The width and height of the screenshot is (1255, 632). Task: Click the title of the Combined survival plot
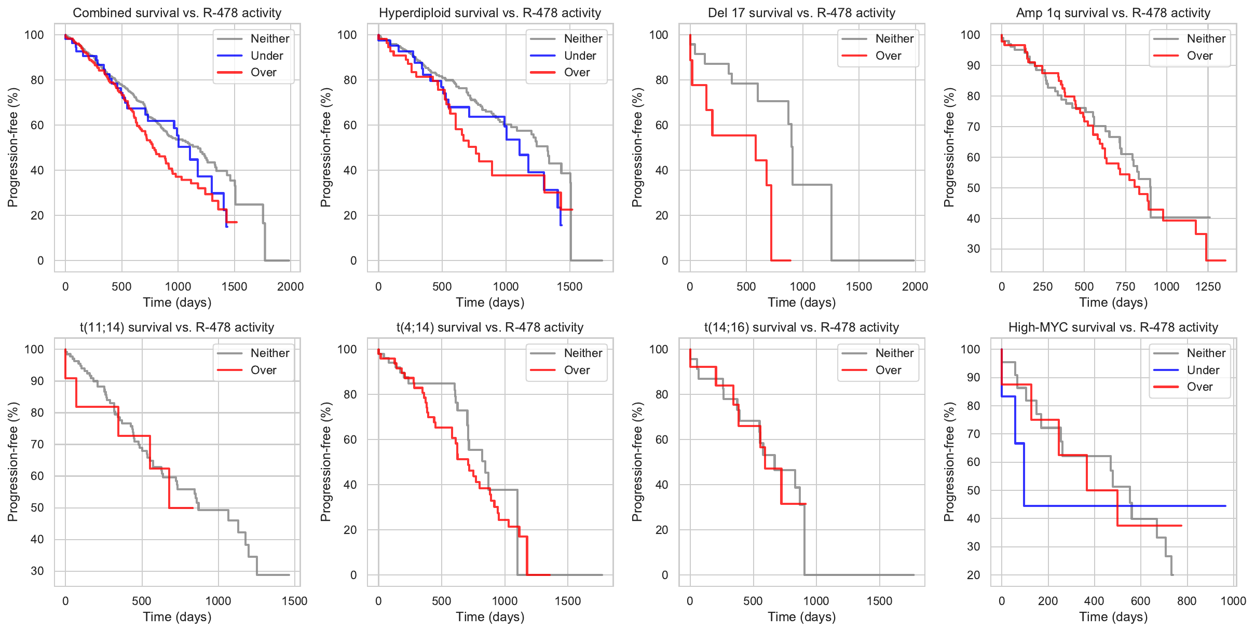pos(177,13)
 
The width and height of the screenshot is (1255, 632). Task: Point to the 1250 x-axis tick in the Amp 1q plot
pos(1208,286)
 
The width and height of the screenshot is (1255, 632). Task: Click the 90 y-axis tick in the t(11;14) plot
pos(37,381)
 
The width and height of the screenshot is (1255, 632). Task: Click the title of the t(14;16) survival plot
pos(801,327)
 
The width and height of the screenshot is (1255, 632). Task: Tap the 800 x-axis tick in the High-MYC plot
pos(1187,601)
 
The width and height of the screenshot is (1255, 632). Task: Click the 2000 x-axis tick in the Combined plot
pos(290,286)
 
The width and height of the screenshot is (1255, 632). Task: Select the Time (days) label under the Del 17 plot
pos(801,303)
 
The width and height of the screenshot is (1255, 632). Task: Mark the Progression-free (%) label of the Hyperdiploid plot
pos(325,147)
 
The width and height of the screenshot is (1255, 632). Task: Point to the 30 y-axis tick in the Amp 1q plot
pos(971,249)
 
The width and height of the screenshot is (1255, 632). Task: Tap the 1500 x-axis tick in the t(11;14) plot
pos(294,601)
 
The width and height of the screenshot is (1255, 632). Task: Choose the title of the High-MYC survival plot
pos(1113,327)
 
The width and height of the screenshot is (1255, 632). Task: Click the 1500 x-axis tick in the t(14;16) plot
pos(879,601)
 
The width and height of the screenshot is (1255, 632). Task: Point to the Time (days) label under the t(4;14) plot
pos(490,617)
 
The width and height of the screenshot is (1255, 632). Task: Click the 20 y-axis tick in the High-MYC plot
pos(974,575)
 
